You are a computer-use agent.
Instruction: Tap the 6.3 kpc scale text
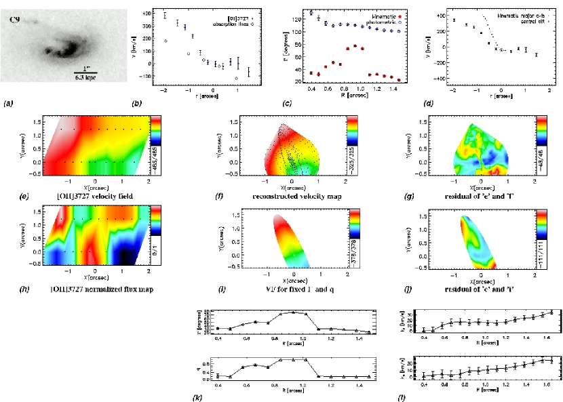(x=86, y=79)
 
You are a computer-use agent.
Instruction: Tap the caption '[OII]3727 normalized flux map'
(x=92, y=290)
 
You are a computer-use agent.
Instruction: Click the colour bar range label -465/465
(x=156, y=161)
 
